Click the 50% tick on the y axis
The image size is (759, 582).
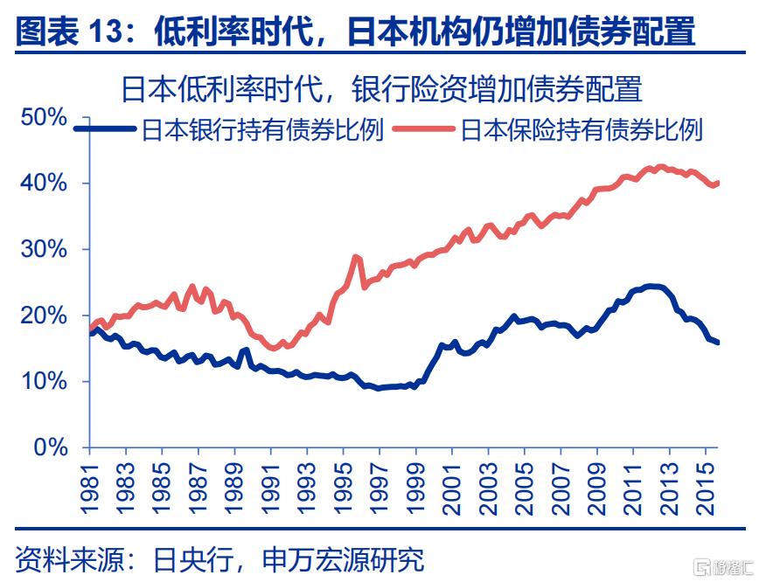click(43, 118)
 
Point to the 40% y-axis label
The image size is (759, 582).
click(43, 184)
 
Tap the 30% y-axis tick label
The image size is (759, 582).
click(43, 250)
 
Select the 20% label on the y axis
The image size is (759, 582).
click(43, 315)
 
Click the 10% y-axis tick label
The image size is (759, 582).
click(43, 382)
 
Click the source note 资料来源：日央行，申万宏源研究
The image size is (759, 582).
click(219, 558)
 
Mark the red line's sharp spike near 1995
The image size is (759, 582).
click(355, 257)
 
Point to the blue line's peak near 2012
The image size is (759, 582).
click(651, 286)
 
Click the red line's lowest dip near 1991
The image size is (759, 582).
click(274, 348)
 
